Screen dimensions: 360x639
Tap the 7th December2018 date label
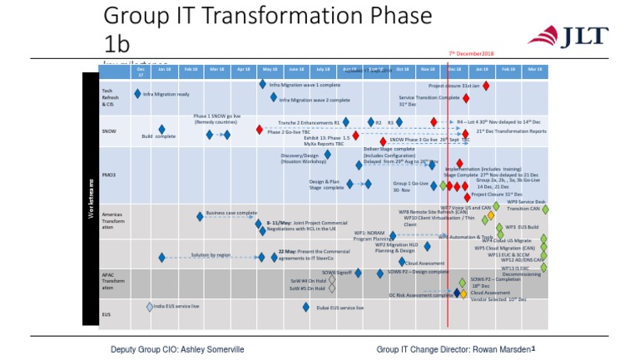pos(472,52)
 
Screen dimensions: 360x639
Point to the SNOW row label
pos(109,131)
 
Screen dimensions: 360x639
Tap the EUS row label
pos(106,314)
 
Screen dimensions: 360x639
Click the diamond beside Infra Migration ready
pos(137,94)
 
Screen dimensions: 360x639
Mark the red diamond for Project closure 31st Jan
pos(486,86)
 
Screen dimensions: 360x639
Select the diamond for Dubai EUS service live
pos(306,307)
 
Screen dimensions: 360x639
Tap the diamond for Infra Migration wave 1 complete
pos(263,84)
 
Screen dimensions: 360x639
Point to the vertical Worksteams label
pos(91,200)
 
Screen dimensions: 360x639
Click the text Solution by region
pos(211,255)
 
